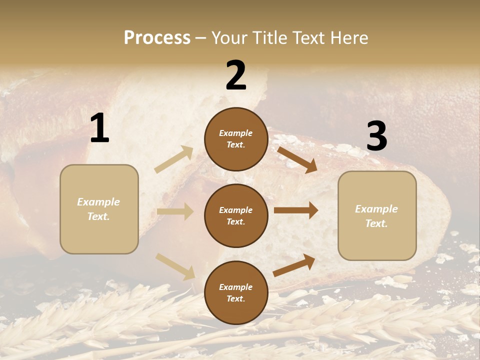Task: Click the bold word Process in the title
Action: click(157, 37)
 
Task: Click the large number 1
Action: click(99, 128)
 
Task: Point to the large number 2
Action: click(236, 75)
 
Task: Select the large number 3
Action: click(376, 136)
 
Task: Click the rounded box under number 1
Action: click(99, 209)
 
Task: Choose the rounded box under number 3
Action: click(377, 216)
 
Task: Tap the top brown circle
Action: click(236, 139)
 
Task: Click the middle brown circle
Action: click(236, 215)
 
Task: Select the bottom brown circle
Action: click(236, 292)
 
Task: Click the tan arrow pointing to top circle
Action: click(174, 159)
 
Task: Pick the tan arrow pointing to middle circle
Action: click(175, 211)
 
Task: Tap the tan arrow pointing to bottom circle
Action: click(175, 266)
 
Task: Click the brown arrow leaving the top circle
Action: click(296, 158)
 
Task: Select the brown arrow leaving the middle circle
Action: click(296, 210)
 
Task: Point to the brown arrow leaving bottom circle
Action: click(294, 265)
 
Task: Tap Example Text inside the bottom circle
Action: click(236, 292)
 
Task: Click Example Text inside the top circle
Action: click(236, 139)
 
